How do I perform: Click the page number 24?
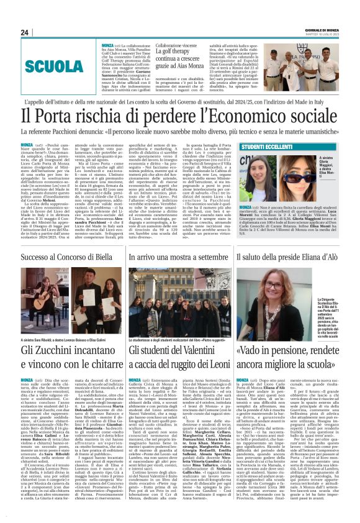[24, 32]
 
